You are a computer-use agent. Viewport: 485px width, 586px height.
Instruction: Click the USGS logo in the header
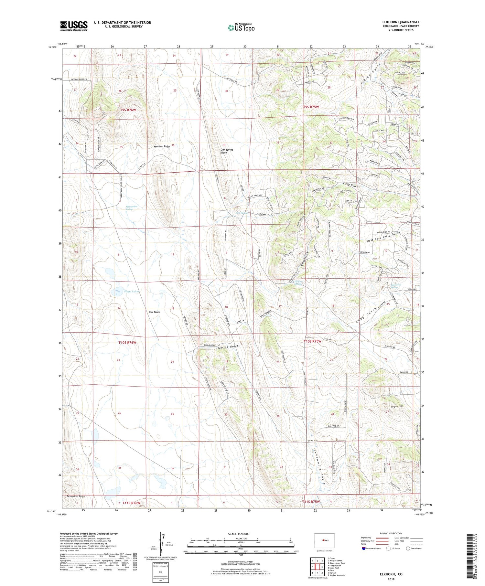pyautogui.click(x=74, y=26)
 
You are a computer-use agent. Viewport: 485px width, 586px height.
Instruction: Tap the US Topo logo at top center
pyautogui.click(x=241, y=28)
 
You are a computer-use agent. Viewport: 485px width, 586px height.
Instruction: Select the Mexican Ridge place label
pyautogui.click(x=162, y=146)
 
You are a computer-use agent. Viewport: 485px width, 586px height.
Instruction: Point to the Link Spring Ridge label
pyautogui.click(x=227, y=151)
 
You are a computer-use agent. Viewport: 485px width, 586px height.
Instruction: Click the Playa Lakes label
pyautogui.click(x=131, y=292)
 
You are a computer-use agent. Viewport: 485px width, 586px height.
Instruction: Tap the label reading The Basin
pyautogui.click(x=154, y=312)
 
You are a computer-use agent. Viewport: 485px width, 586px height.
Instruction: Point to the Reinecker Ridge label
pyautogui.click(x=76, y=496)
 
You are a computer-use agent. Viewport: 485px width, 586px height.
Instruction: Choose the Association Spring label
pyautogui.click(x=131, y=208)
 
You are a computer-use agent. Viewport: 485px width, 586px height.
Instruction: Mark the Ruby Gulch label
pyautogui.click(x=366, y=316)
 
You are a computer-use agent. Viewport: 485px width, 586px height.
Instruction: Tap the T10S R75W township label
pyautogui.click(x=312, y=341)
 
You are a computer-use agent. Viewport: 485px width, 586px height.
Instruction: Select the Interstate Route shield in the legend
pyautogui.click(x=364, y=549)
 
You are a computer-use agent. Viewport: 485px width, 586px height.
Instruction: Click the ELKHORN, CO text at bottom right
pyautogui.click(x=391, y=574)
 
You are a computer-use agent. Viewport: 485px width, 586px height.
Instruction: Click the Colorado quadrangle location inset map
pyautogui.click(x=324, y=541)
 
